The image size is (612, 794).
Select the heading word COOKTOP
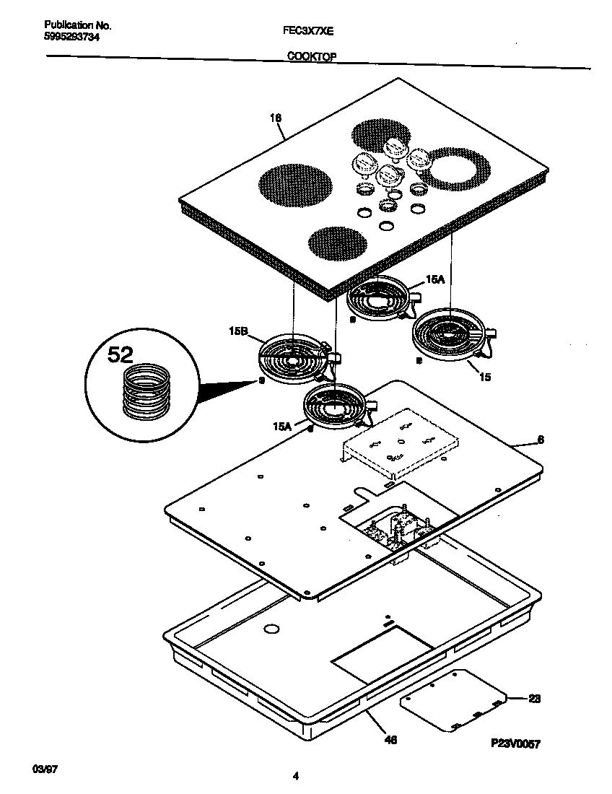[312, 56]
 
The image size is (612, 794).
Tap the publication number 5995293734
[66, 36]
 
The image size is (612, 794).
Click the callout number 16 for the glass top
[276, 118]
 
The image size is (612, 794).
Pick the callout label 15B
[237, 332]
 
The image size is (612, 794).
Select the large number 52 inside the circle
[121, 354]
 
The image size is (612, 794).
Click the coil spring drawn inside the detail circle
[146, 391]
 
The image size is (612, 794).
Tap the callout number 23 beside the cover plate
[534, 699]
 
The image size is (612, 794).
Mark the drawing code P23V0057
[516, 743]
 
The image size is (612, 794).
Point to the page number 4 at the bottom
[296, 777]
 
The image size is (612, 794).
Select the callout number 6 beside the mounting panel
[541, 440]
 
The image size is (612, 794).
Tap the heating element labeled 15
[451, 334]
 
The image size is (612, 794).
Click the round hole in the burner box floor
[271, 630]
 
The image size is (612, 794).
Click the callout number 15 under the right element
[485, 377]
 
